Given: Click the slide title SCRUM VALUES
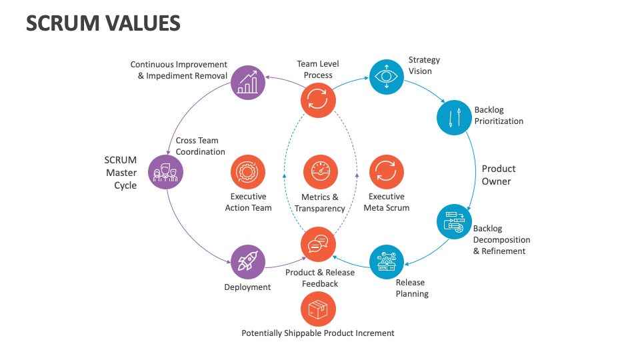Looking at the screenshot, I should [103, 23].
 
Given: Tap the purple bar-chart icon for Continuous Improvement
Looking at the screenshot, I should [248, 83].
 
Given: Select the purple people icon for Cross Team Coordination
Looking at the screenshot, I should [165, 172].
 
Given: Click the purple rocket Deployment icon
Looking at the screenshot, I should [248, 262].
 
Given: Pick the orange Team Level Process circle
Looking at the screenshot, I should [318, 101].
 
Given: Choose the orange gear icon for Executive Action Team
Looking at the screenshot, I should [248, 172].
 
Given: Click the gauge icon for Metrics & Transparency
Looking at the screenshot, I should [320, 172].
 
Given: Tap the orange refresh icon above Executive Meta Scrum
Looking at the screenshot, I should [387, 172].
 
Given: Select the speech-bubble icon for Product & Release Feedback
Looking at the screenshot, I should [318, 244].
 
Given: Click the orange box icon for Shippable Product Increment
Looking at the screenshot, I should [318, 309].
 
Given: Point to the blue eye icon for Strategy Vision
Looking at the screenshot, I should [387, 76].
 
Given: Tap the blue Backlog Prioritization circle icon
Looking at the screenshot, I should [454, 117].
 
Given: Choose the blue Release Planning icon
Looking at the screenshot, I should [387, 262].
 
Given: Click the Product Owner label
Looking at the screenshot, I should [498, 175].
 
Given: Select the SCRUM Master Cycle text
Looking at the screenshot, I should [121, 173].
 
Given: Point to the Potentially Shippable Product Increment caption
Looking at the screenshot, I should [318, 333].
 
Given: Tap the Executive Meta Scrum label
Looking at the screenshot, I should [387, 202].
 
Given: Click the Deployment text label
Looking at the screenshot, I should [247, 287].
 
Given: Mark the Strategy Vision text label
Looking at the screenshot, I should [425, 65].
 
